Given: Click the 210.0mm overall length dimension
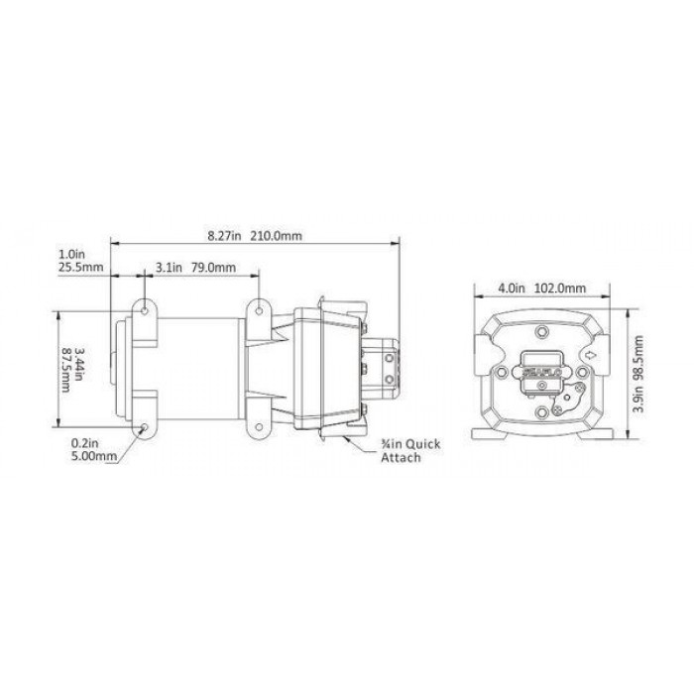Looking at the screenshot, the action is (x=277, y=236).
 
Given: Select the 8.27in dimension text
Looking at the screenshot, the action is (x=224, y=236).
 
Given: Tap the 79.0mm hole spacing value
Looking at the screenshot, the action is (x=214, y=268).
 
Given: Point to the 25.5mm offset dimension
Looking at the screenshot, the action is (x=80, y=267).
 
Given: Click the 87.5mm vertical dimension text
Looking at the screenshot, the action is (x=66, y=370).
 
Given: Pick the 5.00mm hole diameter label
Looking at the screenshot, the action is (x=94, y=456).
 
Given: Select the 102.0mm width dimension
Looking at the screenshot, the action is (x=560, y=289).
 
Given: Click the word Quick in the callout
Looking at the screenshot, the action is (x=423, y=444).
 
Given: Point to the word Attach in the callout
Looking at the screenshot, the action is (x=401, y=458).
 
